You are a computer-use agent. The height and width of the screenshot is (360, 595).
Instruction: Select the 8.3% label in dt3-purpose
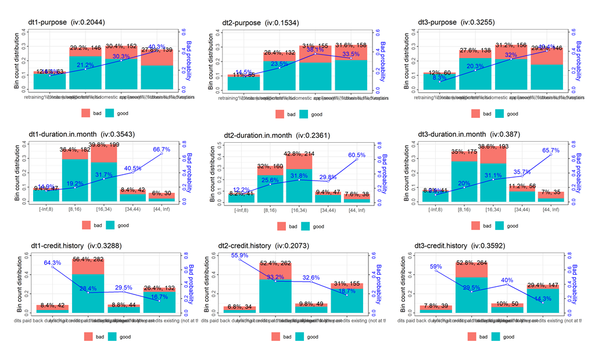coord(439,77)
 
